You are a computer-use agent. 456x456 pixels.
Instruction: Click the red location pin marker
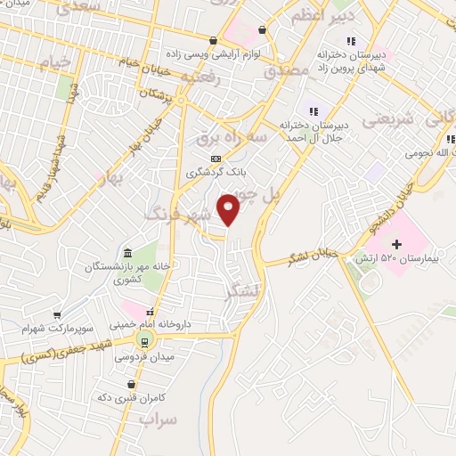pos(230,208)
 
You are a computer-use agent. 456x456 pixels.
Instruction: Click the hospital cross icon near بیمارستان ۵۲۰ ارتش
pos(397,244)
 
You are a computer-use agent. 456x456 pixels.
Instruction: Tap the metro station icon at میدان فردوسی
pos(142,342)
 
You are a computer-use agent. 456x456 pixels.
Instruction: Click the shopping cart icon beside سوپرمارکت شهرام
pos(58,314)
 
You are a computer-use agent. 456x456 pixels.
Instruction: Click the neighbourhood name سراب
pos(159,418)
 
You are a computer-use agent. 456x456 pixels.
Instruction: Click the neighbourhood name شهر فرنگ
pos(182,215)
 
